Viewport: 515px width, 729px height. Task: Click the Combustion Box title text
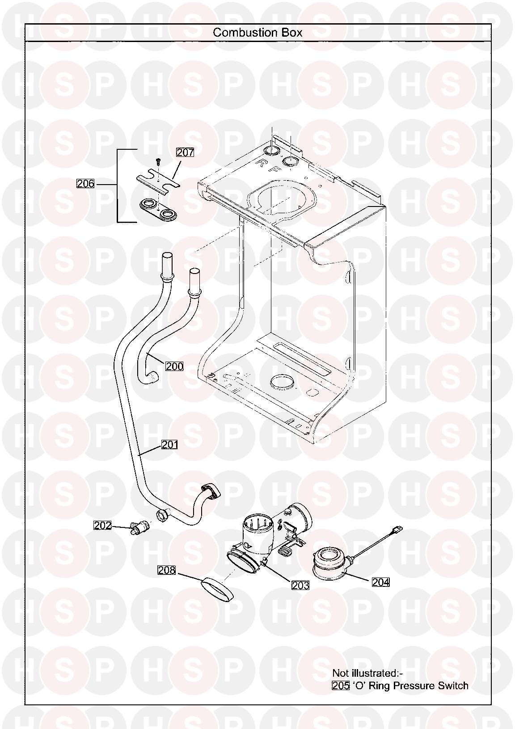(257, 33)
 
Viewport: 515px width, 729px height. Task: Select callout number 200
(174, 367)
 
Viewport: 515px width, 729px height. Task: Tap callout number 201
(169, 445)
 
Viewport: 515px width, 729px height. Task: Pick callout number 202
(102, 526)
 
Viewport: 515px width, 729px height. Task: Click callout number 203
(300, 585)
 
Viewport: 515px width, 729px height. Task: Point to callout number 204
(381, 582)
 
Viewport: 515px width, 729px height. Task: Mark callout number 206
(85, 183)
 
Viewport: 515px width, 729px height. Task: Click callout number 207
(185, 152)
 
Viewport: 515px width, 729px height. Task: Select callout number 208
(166, 570)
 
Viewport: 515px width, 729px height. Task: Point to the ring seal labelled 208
(217, 589)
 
